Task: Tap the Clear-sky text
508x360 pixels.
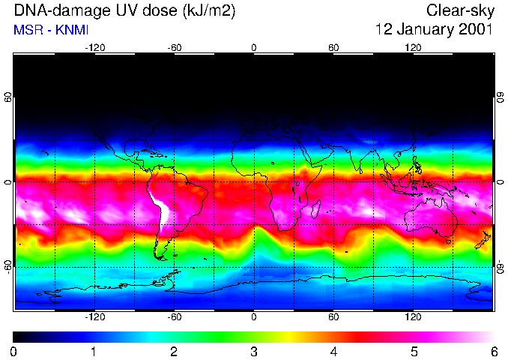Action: [459, 11]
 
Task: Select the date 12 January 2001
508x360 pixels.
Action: [434, 31]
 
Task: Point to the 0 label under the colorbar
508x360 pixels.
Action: [14, 352]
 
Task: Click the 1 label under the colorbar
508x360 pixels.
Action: [94, 352]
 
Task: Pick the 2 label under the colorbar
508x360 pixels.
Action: [174, 352]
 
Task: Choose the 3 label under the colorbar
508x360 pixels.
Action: [254, 352]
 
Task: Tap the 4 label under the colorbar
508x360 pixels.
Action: [333, 352]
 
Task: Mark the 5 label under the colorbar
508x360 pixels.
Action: [414, 352]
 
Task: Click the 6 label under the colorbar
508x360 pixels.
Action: [493, 352]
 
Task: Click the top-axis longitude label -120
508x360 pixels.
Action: [94, 47]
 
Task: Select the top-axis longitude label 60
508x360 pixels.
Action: [333, 47]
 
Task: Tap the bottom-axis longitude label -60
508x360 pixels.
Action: [174, 317]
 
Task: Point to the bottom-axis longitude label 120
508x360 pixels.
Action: [414, 317]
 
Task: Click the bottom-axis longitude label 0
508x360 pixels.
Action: [254, 317]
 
